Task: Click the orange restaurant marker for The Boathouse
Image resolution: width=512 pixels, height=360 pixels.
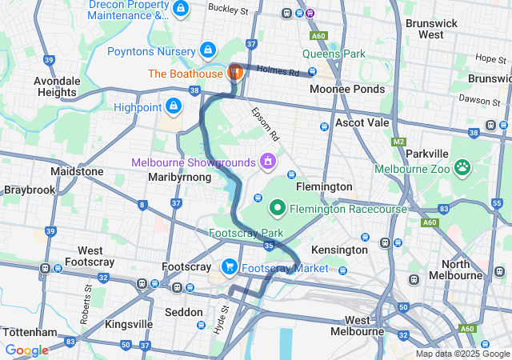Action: pos(236,72)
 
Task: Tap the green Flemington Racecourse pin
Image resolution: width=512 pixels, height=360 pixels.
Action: pos(278,208)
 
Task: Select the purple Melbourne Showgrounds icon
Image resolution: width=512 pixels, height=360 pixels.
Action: pos(266,162)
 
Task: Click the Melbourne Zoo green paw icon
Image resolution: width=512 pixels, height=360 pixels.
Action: pos(462,167)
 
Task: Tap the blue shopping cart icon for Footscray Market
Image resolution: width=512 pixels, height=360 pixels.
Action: pos(230,267)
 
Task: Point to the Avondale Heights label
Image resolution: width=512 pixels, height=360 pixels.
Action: pos(56,87)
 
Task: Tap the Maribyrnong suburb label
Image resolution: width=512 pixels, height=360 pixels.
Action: pos(179,177)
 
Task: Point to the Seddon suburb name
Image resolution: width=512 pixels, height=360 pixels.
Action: pos(183,311)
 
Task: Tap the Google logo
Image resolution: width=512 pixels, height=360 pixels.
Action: pos(26,350)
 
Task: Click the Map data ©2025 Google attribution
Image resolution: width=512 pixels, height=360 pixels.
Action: pos(462,354)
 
